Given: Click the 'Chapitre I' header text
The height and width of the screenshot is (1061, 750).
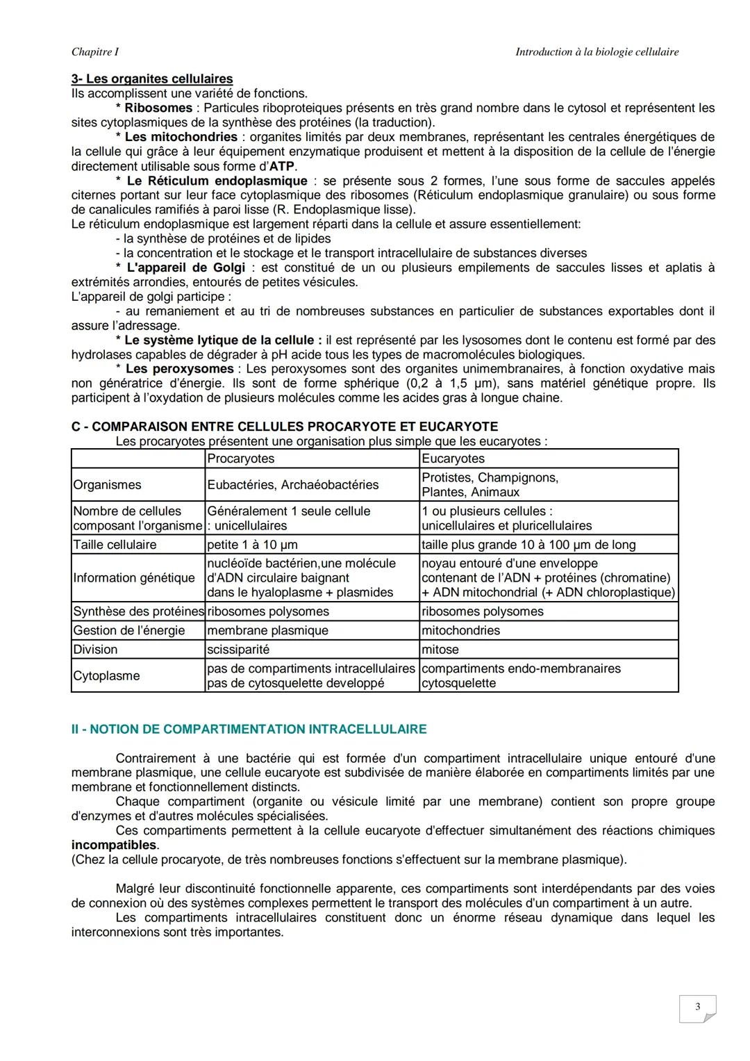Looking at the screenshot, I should [x=94, y=52].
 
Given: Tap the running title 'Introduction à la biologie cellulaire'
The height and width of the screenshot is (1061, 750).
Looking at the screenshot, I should [x=597, y=52].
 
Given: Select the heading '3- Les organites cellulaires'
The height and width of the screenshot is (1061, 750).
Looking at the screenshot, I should [x=152, y=79].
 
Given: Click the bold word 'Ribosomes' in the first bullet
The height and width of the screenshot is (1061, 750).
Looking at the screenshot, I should [x=158, y=108].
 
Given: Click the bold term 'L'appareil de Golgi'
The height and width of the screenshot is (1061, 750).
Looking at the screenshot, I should [x=185, y=268].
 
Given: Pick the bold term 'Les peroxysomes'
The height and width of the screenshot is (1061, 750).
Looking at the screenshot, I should [x=179, y=369].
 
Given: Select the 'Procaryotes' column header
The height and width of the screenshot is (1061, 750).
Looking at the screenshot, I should [x=240, y=459].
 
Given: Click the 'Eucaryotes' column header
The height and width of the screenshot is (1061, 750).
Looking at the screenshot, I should [x=453, y=459].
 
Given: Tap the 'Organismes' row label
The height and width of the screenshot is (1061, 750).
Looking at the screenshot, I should [x=107, y=485].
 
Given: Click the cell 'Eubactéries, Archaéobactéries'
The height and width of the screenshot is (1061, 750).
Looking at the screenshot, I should [x=292, y=485].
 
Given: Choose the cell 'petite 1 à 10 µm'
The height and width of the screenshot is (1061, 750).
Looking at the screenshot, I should [x=252, y=545].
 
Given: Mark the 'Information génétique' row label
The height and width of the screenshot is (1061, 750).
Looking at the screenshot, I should [x=134, y=578].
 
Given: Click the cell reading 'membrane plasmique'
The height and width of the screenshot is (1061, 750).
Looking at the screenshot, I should [x=267, y=631].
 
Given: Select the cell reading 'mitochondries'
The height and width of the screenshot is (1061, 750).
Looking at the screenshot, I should [x=460, y=631].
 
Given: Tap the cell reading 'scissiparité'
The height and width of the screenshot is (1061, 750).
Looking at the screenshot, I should [x=238, y=650].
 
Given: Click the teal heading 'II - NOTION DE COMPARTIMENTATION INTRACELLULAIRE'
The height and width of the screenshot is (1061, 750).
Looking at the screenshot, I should [x=249, y=729].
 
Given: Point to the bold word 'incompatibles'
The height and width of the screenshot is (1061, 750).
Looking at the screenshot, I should [x=114, y=845].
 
